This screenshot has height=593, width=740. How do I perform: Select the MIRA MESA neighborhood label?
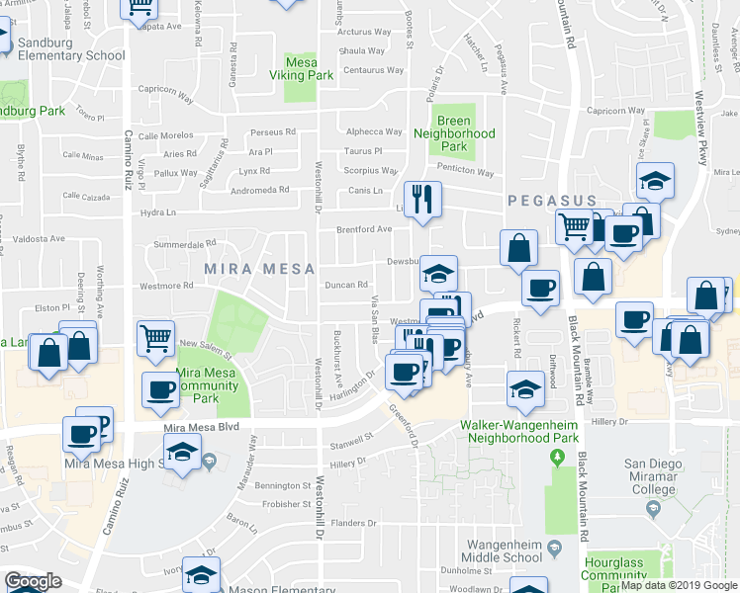pyautogui.click(x=259, y=269)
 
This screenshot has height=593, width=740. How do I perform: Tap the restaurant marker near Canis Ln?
pyautogui.click(x=423, y=200)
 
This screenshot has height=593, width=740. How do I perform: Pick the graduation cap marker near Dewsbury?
pyautogui.click(x=438, y=273)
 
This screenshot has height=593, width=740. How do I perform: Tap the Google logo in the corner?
pyautogui.click(x=33, y=581)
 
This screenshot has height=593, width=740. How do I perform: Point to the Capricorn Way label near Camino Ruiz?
pyautogui.click(x=164, y=92)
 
